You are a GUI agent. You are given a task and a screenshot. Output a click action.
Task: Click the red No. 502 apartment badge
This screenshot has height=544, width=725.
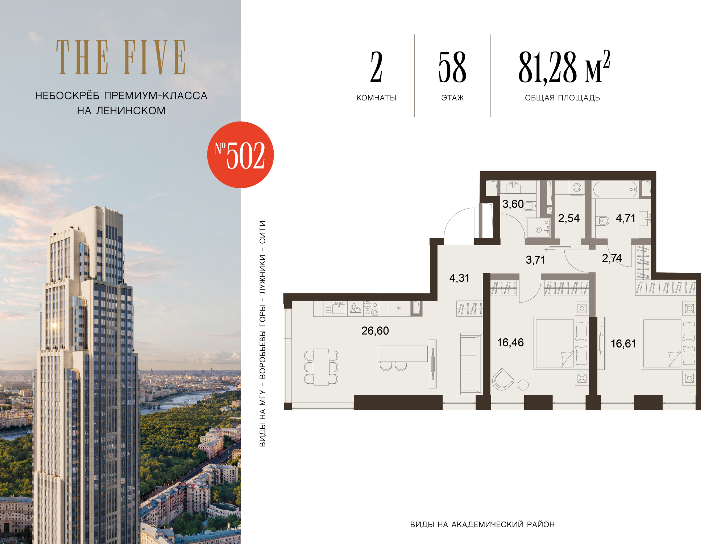(x=240, y=155)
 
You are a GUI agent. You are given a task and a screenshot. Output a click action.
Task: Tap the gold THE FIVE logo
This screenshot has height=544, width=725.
(x=121, y=57)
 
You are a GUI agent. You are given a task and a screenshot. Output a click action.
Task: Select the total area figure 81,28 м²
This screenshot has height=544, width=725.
(x=564, y=67)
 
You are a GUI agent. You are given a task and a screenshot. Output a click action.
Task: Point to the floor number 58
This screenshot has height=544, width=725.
(x=452, y=67)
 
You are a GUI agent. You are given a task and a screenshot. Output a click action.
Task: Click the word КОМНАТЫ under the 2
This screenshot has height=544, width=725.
(x=376, y=98)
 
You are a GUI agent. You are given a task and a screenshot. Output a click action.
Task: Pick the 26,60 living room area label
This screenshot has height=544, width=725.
(x=375, y=331)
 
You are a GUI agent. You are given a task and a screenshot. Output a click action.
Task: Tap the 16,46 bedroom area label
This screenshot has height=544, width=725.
(x=510, y=342)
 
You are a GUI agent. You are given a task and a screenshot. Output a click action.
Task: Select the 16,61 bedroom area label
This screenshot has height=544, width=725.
(x=623, y=343)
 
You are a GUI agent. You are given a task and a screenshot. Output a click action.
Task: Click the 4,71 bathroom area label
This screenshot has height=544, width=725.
(x=626, y=218)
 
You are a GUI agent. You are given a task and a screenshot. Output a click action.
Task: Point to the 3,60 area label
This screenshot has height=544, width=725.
(x=513, y=204)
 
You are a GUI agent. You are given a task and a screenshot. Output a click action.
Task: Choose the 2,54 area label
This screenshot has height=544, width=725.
(x=569, y=218)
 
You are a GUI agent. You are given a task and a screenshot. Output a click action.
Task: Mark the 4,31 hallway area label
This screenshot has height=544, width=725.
(x=459, y=278)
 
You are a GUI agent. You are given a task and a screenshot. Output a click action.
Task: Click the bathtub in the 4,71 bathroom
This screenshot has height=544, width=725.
(x=615, y=189)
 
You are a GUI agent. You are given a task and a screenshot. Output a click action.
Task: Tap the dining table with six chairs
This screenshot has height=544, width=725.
(x=321, y=367)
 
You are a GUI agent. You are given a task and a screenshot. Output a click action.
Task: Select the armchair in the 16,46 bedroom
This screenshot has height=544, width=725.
(x=503, y=379)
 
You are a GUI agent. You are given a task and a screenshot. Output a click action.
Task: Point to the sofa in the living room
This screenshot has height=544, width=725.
(x=470, y=364)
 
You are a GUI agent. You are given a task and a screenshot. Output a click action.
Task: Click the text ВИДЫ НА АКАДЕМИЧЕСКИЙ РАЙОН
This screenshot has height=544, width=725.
(x=482, y=524)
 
